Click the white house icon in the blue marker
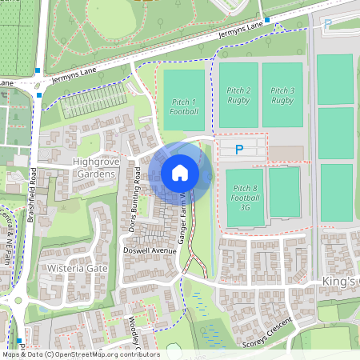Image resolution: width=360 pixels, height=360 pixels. pyautogui.click(x=180, y=172)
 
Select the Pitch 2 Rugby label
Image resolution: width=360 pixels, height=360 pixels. pyautogui.click(x=238, y=95)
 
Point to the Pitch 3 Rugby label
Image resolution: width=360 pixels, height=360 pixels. pyautogui.click(x=282, y=95)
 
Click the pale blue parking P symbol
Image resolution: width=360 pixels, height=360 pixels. pyautogui.click(x=326, y=25)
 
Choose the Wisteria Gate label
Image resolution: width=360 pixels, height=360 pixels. pyautogui.click(x=78, y=268)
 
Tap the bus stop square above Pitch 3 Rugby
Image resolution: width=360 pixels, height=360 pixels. pyautogui.click(x=267, y=19)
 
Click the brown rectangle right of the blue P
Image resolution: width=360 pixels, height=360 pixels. pyautogui.click(x=286, y=152)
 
